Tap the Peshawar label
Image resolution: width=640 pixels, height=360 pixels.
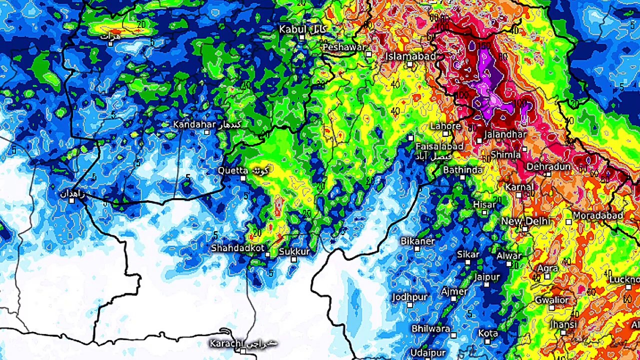pos(344,47)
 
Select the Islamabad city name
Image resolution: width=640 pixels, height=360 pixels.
pos(410,56)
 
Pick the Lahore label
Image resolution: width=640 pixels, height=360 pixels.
pos(445,126)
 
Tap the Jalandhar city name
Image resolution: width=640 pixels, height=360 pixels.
pos(505,134)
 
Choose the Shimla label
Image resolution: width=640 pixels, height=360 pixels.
pos(505,155)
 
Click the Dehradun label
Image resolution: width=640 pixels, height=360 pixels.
pos(548,166)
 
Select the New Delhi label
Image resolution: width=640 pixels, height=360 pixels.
pos(525,221)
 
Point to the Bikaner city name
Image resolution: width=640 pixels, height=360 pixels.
pos(417,241)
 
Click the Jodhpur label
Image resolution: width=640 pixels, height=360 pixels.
pos(410,297)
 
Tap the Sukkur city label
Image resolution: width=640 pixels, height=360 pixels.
pos(294,251)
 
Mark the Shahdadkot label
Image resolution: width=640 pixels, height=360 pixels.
pos(237,248)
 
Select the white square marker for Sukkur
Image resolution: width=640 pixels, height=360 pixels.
pos(293,259)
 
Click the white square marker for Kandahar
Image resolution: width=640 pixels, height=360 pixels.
pos(207,132)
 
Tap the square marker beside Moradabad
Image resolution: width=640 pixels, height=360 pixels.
pos(568,221)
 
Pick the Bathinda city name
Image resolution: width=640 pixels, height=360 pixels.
pos(463,170)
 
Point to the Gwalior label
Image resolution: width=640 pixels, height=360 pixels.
pos(552,300)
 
